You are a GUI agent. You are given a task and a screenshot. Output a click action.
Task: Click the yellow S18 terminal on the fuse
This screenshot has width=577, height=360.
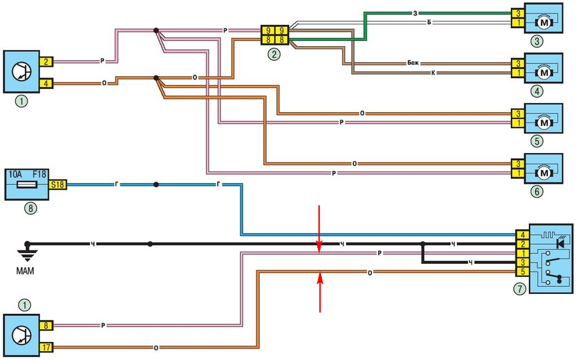click(x=57, y=184)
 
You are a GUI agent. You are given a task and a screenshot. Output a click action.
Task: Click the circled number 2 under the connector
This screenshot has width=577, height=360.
click(x=274, y=54)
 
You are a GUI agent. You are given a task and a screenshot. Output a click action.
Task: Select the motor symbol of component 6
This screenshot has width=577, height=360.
click(x=544, y=172)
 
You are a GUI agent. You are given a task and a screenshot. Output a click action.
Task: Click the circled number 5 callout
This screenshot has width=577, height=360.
click(x=537, y=141)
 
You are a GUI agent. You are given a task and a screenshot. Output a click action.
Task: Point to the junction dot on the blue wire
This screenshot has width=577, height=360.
click(x=156, y=184)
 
